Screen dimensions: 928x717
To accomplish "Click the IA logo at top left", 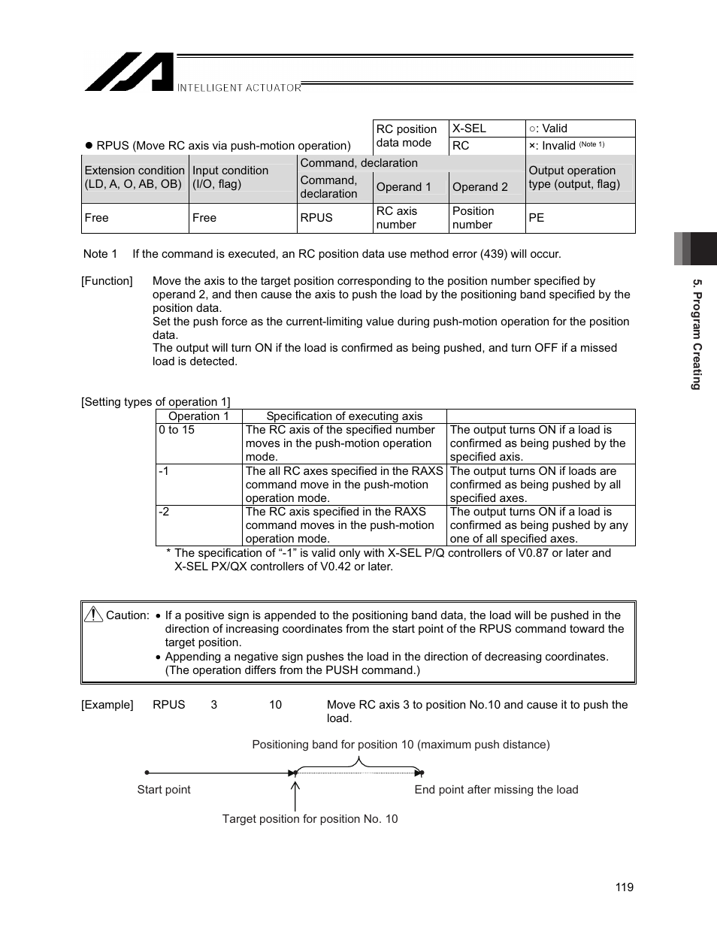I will (129, 72).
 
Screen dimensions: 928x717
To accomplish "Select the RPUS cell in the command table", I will (316, 218).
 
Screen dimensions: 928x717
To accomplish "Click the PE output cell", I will (537, 218).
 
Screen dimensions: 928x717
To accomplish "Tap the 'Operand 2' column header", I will (480, 187).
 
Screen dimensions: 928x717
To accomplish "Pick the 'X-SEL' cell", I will (469, 128).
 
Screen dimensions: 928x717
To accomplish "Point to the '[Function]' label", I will (107, 281).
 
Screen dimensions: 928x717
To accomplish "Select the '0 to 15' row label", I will (177, 430).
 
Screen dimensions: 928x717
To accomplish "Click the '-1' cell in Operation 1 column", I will (164, 471).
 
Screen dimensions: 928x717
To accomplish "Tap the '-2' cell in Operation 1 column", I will (164, 512).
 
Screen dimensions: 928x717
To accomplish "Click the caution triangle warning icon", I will (94, 615).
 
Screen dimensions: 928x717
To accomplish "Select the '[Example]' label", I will (107, 705).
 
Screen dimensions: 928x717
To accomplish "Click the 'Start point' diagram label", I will (164, 790).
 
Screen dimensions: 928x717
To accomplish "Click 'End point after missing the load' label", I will (496, 790).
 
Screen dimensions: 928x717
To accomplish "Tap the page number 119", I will (624, 887).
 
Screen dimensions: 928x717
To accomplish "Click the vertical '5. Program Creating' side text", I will (697, 334).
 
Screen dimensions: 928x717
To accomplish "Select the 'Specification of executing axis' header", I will (344, 416).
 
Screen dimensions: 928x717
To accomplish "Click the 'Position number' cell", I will (473, 218).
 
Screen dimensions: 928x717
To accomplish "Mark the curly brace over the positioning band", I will (359, 763).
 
